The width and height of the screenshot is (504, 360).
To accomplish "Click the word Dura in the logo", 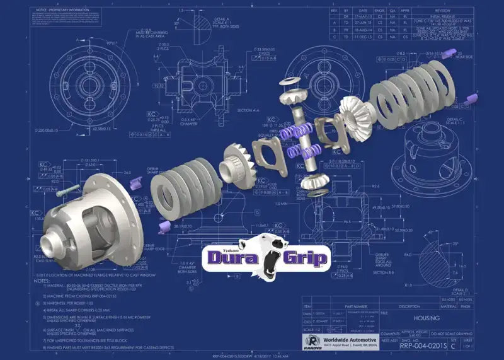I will point(231,258).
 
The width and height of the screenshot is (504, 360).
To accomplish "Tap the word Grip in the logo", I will point(302,258).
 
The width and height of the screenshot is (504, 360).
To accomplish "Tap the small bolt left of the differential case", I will point(66,191).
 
